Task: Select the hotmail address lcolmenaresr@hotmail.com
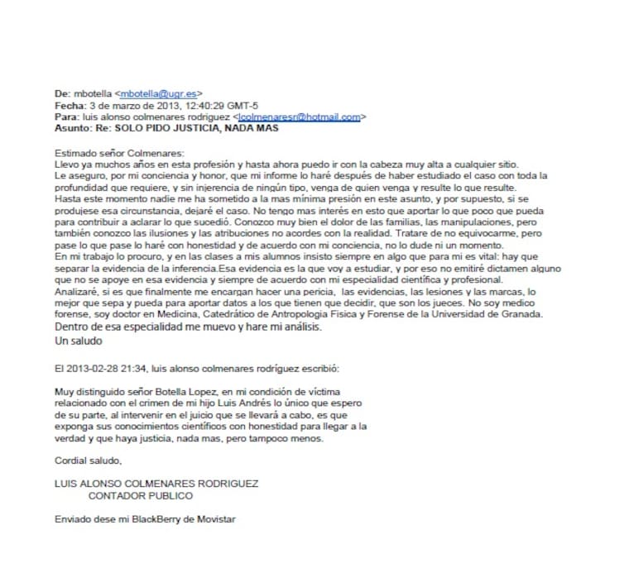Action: point(299,117)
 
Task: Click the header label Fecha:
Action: point(69,107)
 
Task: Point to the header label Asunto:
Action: point(72,129)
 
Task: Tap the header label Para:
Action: point(67,117)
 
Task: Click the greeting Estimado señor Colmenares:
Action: point(120,154)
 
